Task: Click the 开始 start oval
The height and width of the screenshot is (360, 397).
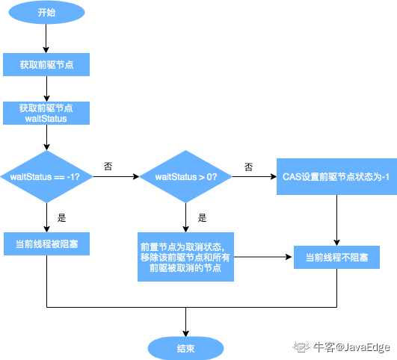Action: pyautogui.click(x=46, y=13)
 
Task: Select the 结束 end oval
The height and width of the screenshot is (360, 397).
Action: pyautogui.click(x=185, y=347)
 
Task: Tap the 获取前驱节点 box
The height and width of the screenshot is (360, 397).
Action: pyautogui.click(x=46, y=64)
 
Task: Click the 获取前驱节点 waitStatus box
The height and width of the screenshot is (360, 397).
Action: pyautogui.click(x=46, y=113)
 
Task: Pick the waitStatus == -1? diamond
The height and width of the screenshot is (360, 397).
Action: pyautogui.click(x=46, y=176)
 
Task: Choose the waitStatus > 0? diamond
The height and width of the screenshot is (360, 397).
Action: pyautogui.click(x=185, y=176)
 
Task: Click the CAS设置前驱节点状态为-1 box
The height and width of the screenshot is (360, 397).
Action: pyautogui.click(x=335, y=176)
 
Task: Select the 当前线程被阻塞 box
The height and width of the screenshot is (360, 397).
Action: pyautogui.click(x=46, y=244)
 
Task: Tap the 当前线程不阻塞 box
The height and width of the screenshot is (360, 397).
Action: pyautogui.click(x=336, y=257)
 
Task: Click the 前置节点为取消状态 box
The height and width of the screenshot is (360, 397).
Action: pyautogui.click(x=185, y=257)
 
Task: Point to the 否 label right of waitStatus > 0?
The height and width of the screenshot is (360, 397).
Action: pyautogui.click(x=247, y=166)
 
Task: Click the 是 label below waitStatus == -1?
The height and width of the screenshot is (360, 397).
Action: pyautogui.click(x=62, y=218)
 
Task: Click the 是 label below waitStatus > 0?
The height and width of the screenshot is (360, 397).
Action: pyautogui.click(x=202, y=218)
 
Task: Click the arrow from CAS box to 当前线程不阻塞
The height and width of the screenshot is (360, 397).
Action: pyautogui.click(x=336, y=220)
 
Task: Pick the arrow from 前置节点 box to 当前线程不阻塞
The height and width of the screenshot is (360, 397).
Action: pyautogui.click(x=262, y=257)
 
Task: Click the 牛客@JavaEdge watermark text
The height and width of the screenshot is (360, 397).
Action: pyautogui.click(x=351, y=347)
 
